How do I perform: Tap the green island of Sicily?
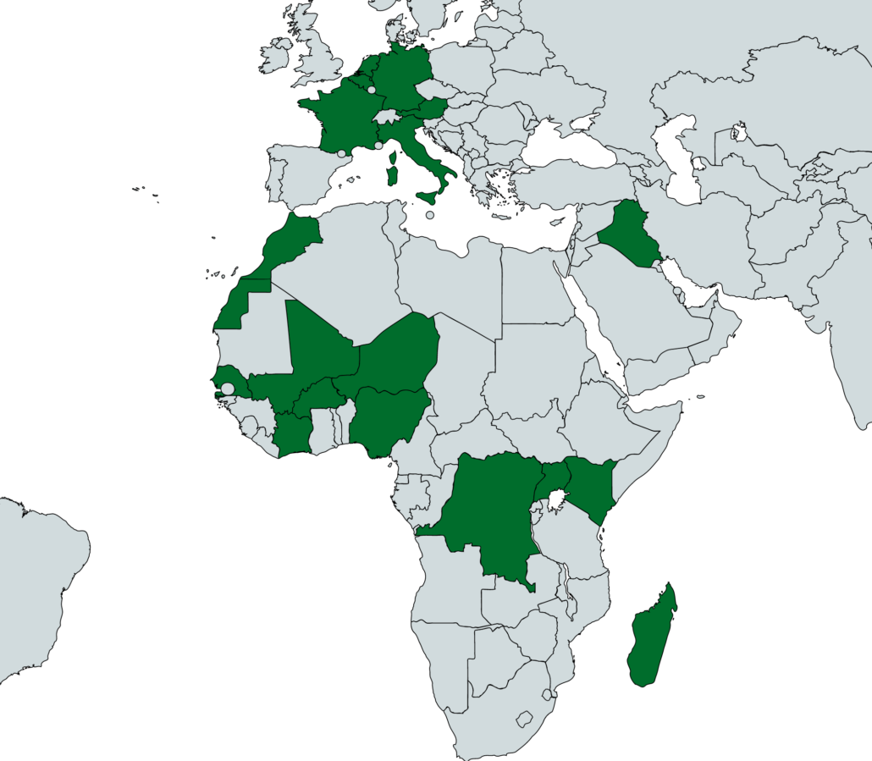pos(428,197)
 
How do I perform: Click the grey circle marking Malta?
pos(430,215)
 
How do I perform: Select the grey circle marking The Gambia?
pos(227,389)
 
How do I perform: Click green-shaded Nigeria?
pos(385,419)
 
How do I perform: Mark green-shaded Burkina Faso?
pos(318,396)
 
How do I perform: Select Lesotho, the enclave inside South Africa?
pos(524,720)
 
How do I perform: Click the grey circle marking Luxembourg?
pos(372,89)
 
